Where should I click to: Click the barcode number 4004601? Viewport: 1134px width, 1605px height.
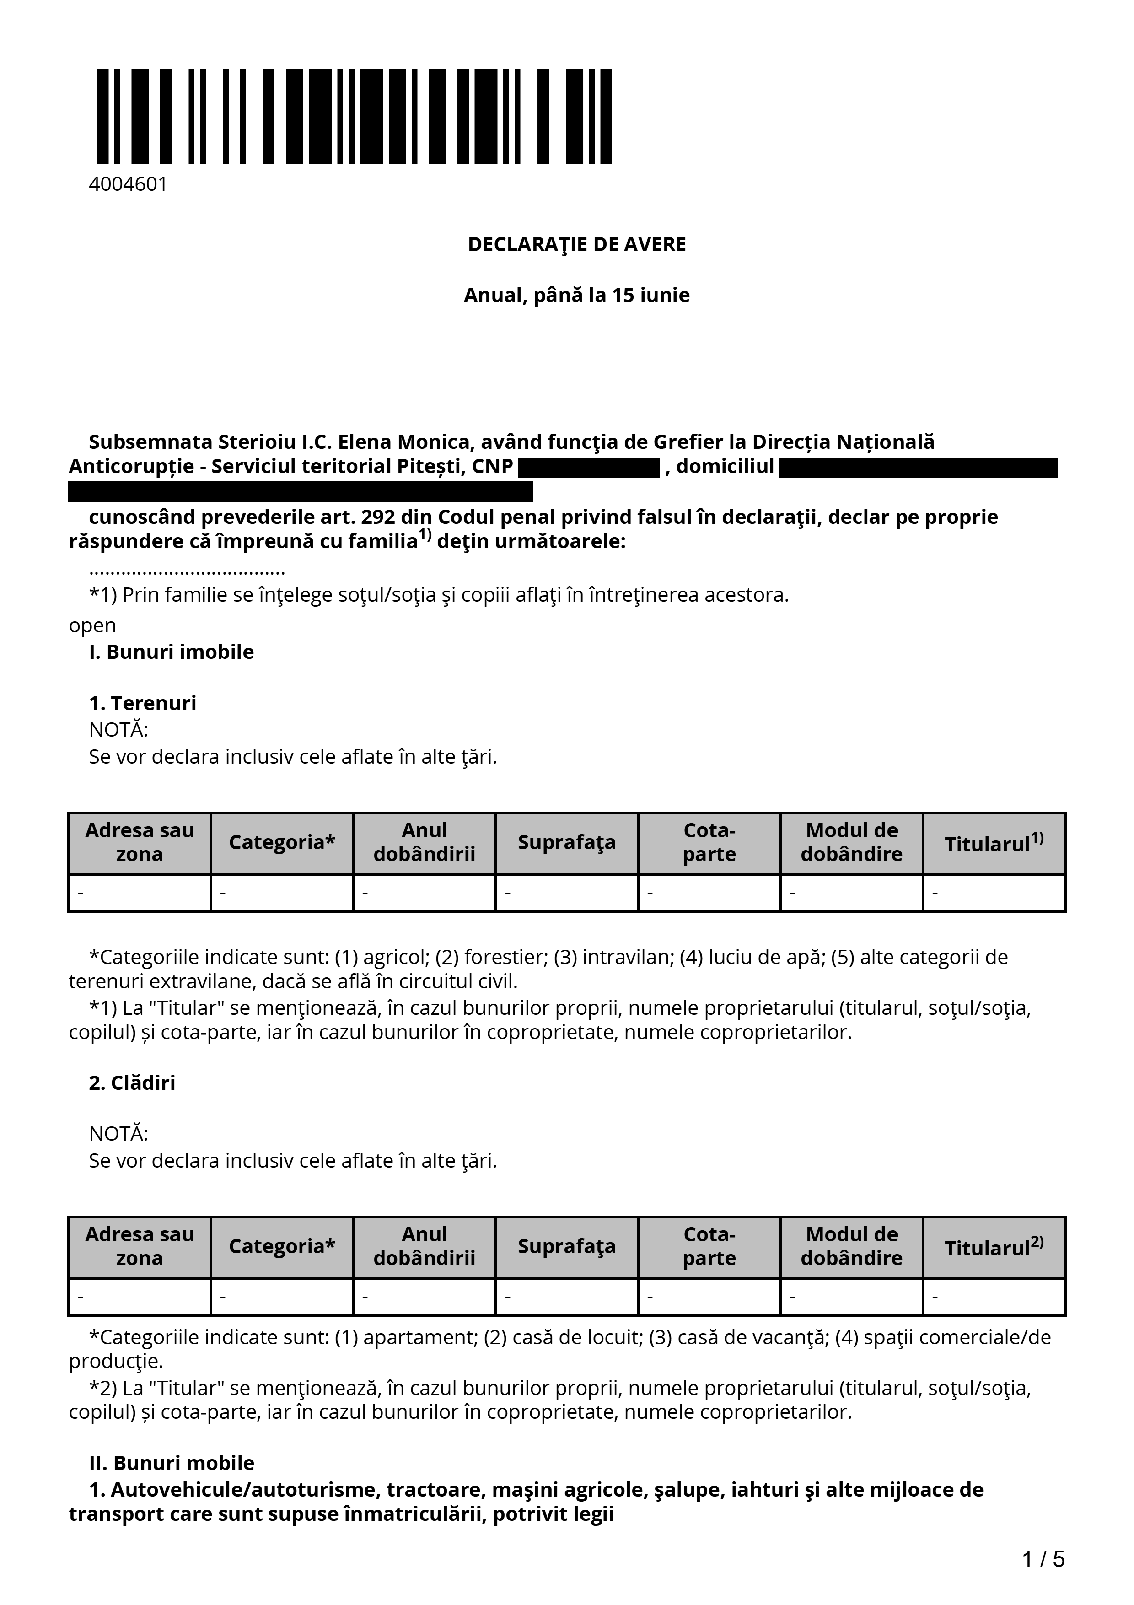[x=128, y=184]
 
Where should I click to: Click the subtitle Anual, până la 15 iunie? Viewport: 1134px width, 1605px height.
[x=576, y=295]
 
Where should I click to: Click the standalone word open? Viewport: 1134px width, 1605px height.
[x=92, y=625]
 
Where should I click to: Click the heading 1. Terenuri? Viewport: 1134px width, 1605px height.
[x=143, y=703]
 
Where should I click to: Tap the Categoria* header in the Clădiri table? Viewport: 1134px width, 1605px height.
[x=282, y=1246]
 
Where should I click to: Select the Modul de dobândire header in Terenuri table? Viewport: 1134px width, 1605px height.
[x=851, y=842]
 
